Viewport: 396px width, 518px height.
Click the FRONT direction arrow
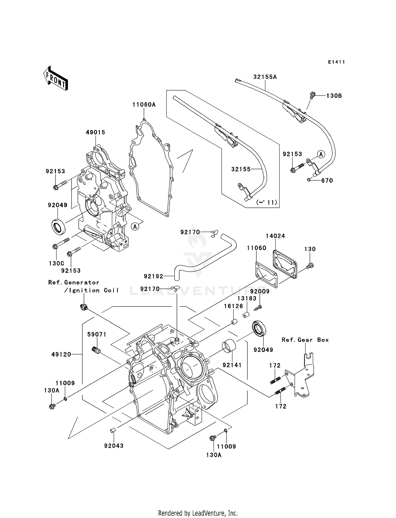(x=56, y=79)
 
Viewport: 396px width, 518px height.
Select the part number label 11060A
(x=144, y=105)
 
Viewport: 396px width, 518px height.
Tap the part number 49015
(x=95, y=132)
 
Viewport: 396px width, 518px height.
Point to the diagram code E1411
(x=336, y=62)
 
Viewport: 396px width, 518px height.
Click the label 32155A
(x=265, y=77)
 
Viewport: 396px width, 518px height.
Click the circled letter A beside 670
(x=321, y=154)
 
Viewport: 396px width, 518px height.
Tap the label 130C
(x=56, y=263)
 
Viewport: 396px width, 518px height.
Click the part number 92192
(x=153, y=276)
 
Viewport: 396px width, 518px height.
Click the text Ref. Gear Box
(x=305, y=340)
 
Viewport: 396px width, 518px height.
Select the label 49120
(x=61, y=354)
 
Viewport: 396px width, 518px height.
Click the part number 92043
(x=114, y=446)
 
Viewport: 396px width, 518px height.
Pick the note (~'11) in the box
(x=267, y=203)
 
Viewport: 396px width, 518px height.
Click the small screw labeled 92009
(x=258, y=308)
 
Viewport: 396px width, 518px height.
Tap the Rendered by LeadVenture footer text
(x=198, y=513)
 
